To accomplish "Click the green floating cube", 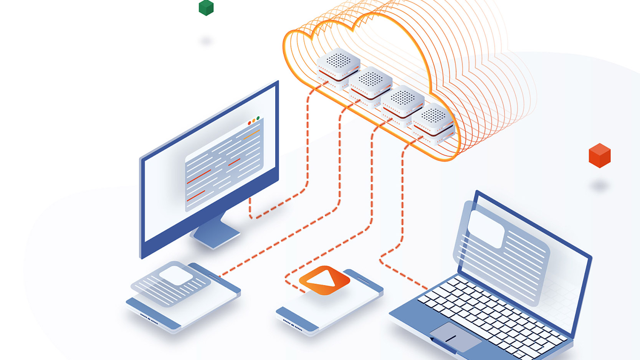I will (x=206, y=8).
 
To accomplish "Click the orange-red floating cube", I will (x=599, y=155).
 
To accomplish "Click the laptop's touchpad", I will (x=456, y=337).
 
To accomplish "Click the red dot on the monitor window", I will (x=250, y=123).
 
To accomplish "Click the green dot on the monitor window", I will (x=258, y=118).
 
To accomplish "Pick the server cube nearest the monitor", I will (x=338, y=65).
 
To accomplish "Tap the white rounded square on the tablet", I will (x=176, y=275).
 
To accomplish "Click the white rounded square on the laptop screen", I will (x=486, y=229).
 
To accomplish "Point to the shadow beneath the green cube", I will (x=206, y=41).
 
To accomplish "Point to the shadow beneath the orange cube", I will (x=599, y=186).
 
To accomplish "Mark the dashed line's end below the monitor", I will (x=250, y=199).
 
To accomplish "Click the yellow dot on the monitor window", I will (x=254, y=121).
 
